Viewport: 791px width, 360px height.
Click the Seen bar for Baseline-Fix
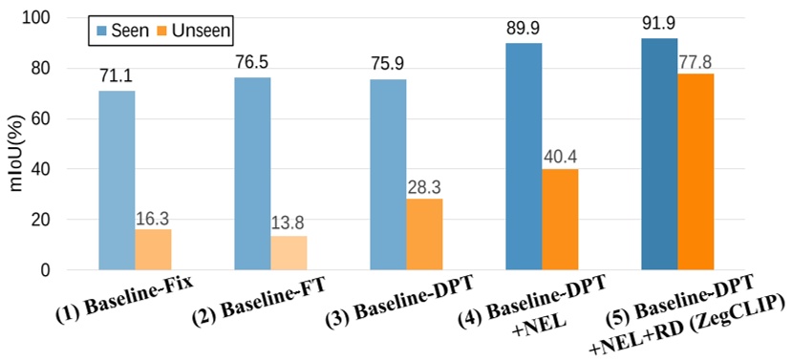117,180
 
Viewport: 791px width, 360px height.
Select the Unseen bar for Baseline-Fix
153,249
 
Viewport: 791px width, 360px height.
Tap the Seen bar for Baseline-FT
252,174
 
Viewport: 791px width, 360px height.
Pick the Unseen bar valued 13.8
289,253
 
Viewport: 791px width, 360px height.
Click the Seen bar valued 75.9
388,175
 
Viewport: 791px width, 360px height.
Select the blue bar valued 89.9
524,157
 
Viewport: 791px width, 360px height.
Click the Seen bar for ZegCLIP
659,154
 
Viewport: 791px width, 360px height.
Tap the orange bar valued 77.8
695,172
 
